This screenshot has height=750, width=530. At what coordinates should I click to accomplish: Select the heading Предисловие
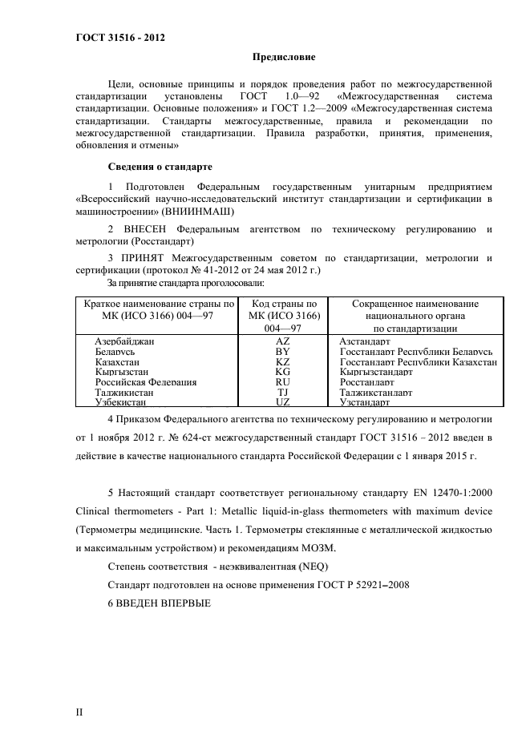[x=284, y=58]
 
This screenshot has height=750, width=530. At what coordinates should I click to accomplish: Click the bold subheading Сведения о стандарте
[x=160, y=167]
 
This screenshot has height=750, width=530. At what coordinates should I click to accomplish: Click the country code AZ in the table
[x=282, y=341]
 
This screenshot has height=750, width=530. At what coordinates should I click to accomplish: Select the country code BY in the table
[x=282, y=352]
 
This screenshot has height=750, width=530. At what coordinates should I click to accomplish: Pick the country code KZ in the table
[x=282, y=362]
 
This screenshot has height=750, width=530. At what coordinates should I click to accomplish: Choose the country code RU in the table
[x=282, y=382]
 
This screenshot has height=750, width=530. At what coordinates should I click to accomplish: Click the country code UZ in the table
[x=282, y=402]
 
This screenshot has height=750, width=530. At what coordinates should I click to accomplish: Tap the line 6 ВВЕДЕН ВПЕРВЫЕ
[x=159, y=603]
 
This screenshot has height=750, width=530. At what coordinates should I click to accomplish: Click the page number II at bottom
[x=79, y=712]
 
